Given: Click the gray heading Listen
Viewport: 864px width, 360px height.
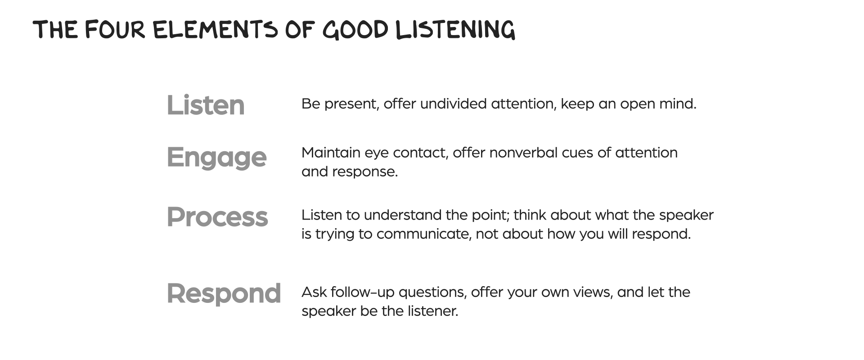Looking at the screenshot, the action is point(206,105).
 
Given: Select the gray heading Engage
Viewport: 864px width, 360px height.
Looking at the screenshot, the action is point(217,158).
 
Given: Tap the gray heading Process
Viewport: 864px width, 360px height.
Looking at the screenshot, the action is point(217,217).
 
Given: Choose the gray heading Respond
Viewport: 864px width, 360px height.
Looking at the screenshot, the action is point(224,294).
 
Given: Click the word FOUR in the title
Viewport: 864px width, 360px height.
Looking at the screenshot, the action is point(115,29).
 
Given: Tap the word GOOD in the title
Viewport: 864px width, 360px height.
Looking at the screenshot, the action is point(355,29).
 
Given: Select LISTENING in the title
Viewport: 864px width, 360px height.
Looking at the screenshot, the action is point(455,30).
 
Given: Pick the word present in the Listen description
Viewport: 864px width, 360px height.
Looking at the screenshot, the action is point(352,105).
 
